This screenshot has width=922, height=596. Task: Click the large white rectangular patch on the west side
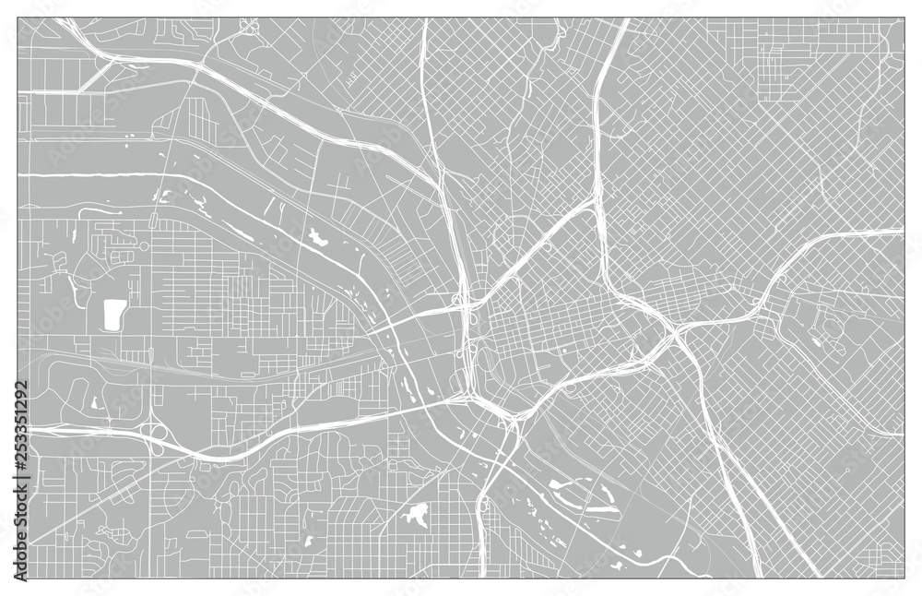pos(114,315)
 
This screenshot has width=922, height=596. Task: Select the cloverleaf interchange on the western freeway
pos(157,434)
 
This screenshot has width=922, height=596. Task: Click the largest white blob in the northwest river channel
pos(319,238)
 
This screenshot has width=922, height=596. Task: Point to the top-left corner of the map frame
pos(18,18)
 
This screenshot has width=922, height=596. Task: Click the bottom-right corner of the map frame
pos(904,578)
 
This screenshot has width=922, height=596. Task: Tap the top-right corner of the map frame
pos(904,18)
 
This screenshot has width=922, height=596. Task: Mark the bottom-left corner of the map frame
pos(18,578)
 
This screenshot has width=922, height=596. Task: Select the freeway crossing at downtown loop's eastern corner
pos(678,332)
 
